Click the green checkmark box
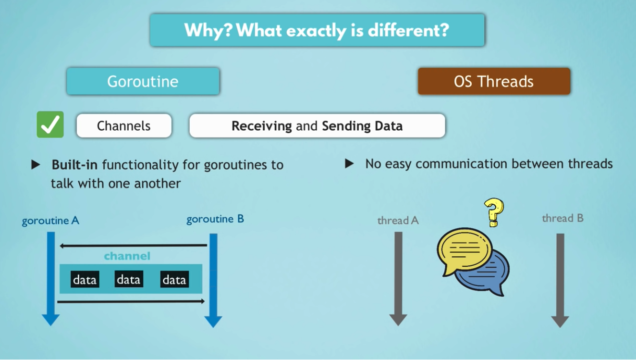50,124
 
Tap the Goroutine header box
143,81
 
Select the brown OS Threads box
494,81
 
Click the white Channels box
124,125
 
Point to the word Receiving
261,126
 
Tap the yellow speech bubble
464,250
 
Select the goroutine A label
50,221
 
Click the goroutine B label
215,219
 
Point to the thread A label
398,221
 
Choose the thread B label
563,219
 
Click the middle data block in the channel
129,279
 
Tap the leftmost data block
85,279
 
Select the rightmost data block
175,279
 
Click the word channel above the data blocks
127,256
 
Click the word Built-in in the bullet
74,165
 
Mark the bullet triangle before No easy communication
349,163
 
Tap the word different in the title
409,30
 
